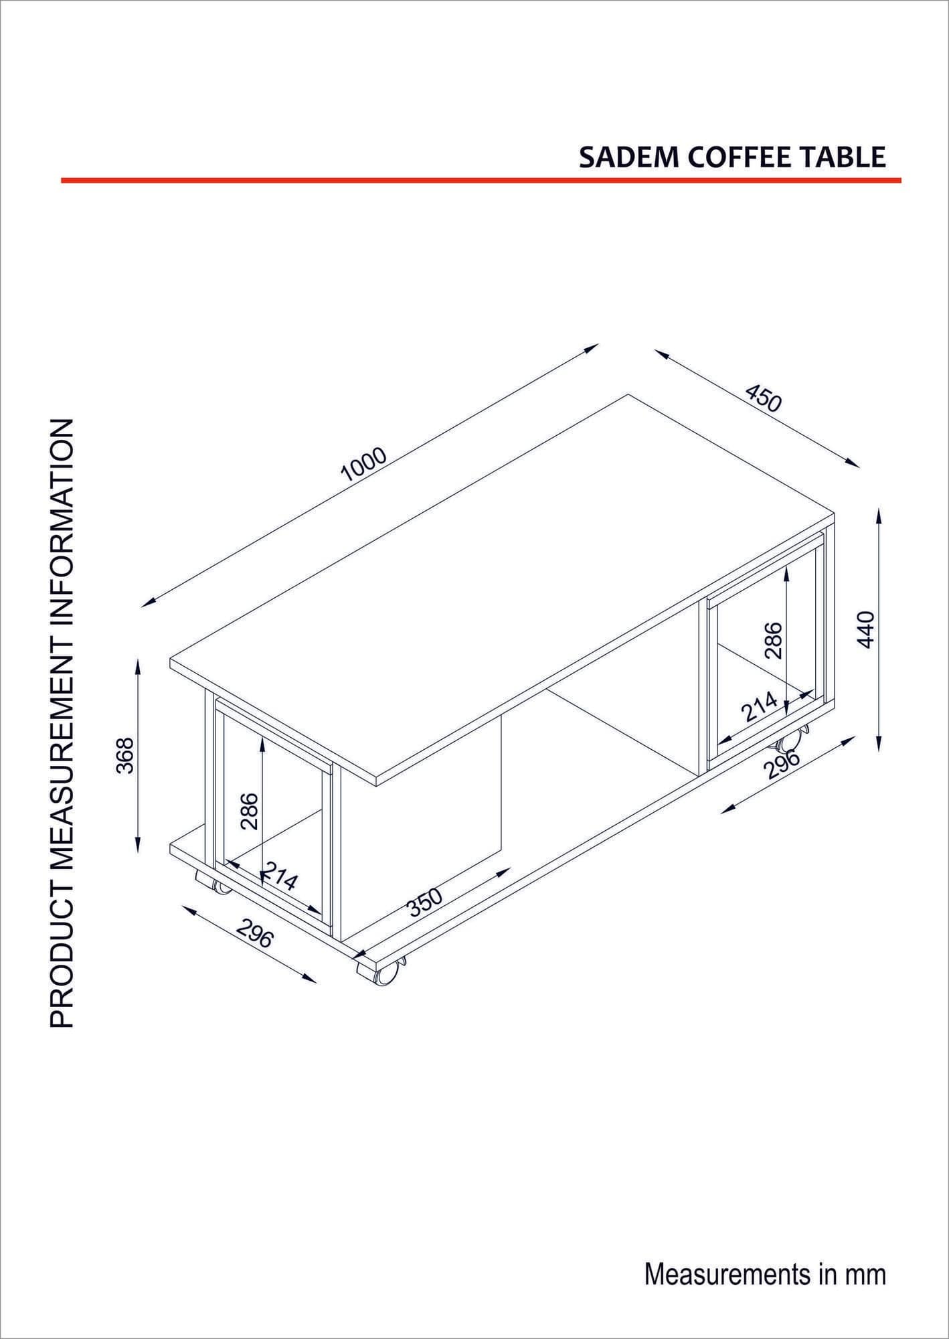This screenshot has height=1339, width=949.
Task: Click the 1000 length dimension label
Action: tap(364, 464)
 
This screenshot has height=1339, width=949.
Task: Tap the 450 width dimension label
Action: tap(763, 398)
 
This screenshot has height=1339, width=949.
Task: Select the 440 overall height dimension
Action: tap(866, 629)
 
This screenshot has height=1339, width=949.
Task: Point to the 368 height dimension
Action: tap(126, 755)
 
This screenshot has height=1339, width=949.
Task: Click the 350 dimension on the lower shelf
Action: tap(425, 901)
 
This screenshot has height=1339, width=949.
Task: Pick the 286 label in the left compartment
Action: tap(250, 811)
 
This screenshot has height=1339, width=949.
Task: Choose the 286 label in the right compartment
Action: tap(773, 640)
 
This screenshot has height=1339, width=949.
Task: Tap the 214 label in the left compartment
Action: tap(280, 875)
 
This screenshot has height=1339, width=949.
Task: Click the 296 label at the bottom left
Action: tap(255, 933)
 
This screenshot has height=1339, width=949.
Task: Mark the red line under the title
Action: tap(481, 180)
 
